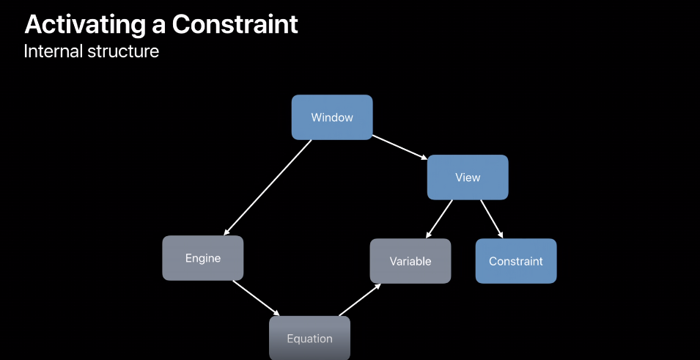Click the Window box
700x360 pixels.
[332, 117]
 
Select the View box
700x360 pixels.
[468, 177]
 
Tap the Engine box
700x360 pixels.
[202, 258]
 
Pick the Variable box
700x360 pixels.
[410, 261]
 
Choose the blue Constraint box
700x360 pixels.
[516, 261]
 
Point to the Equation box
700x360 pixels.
[309, 338]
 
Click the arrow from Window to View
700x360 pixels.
[399, 147]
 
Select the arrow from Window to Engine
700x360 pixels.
[268, 187]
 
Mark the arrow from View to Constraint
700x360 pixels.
[492, 218]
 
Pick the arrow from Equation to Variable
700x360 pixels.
[361, 300]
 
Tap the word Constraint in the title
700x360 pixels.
[235, 25]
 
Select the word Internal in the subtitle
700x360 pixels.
[54, 52]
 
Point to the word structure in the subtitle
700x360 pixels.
[125, 52]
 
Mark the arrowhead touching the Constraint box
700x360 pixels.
[501, 235]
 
